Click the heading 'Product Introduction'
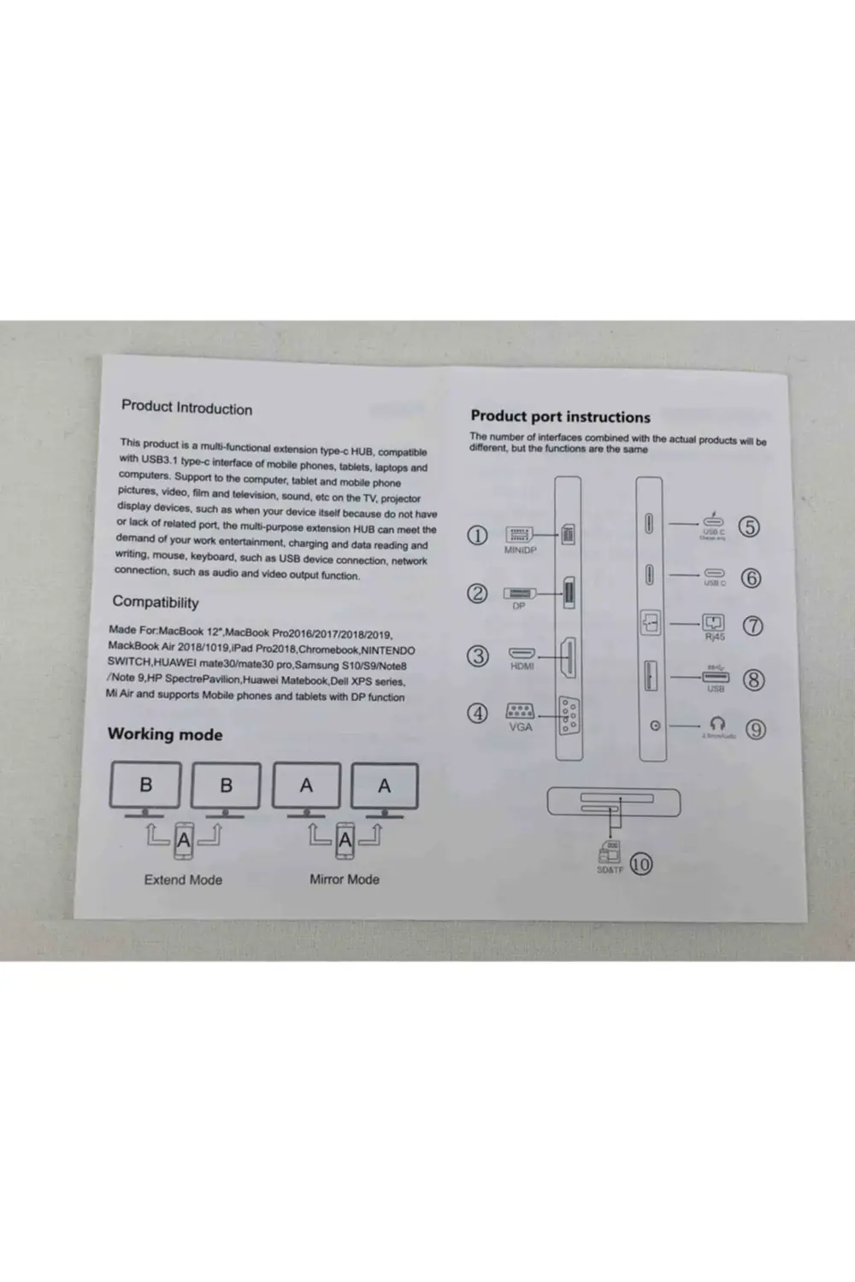tap(186, 408)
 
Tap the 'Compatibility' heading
tap(155, 602)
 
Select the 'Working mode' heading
tap(165, 734)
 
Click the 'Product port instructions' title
tap(560, 417)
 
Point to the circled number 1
tap(477, 536)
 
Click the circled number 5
tap(749, 526)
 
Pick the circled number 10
tap(640, 864)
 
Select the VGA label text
tap(520, 726)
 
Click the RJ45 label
tap(714, 637)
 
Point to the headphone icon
tap(717, 723)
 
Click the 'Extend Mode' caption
tap(183, 879)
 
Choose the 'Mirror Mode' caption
tap(345, 879)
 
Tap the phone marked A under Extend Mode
tap(184, 843)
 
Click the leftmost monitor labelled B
tap(145, 785)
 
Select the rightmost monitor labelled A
tap(385, 785)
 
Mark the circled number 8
tap(753, 679)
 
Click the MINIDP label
tap(520, 550)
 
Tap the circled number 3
tap(478, 656)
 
